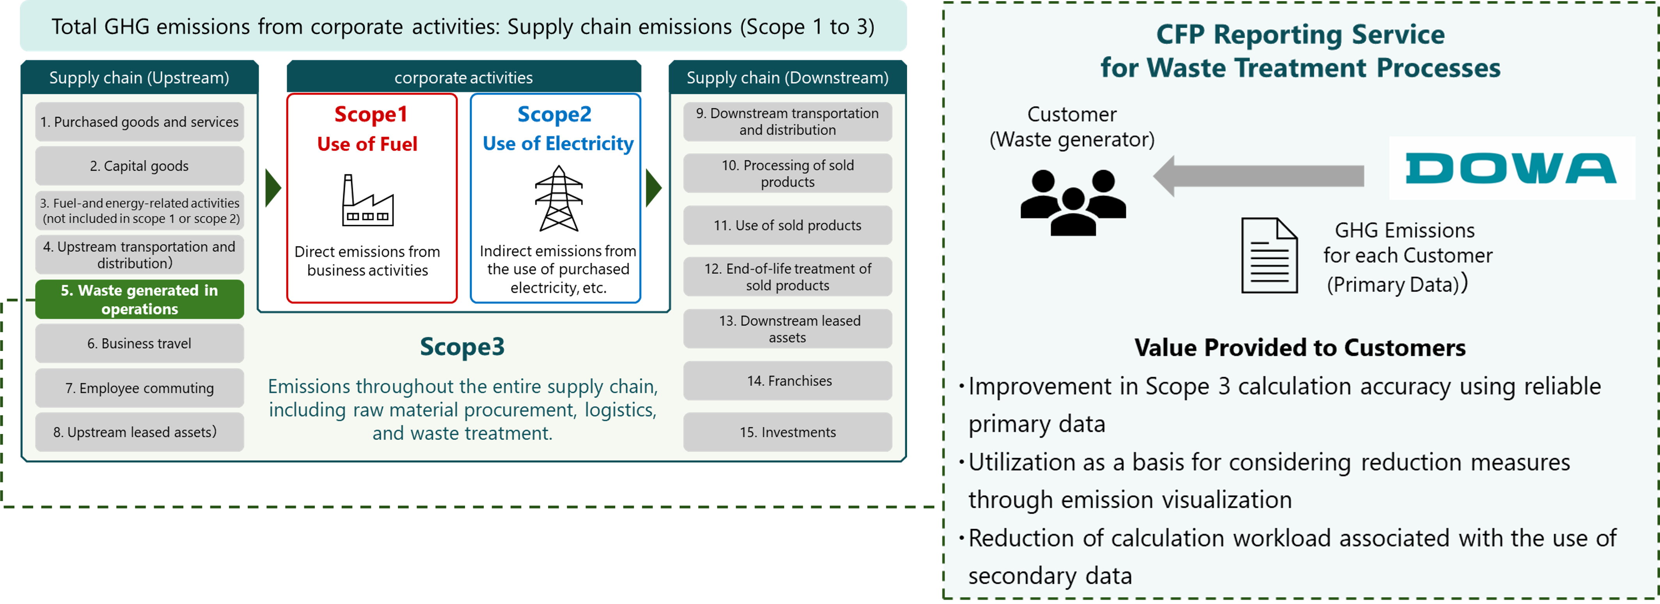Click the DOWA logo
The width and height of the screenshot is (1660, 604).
click(1511, 168)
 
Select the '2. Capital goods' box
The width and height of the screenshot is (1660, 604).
click(139, 166)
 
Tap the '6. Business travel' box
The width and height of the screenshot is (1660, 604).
click(139, 343)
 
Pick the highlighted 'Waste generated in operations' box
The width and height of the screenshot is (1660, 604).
click(139, 299)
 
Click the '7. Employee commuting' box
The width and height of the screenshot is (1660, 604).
click(139, 388)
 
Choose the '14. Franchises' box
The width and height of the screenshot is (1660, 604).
click(787, 381)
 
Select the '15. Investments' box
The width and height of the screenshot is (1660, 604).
click(787, 432)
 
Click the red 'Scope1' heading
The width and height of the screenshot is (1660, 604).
click(371, 115)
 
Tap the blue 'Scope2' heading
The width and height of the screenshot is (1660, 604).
click(554, 115)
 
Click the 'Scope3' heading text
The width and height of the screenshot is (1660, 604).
click(462, 346)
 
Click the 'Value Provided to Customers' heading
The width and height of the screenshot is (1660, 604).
click(1300, 348)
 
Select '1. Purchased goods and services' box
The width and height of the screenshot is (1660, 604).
click(139, 122)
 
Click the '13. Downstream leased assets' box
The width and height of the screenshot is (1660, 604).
click(787, 329)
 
